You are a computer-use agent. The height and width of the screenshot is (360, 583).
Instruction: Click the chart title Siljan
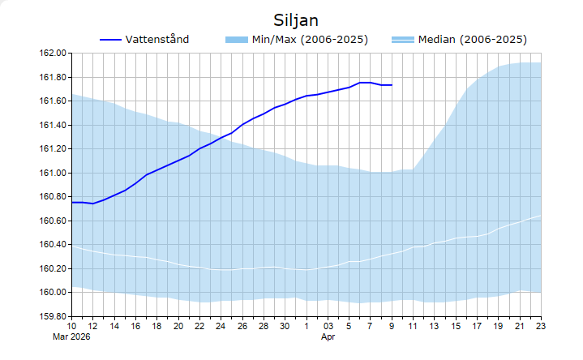pyautogui.click(x=295, y=19)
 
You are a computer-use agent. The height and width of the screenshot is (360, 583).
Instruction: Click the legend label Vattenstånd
pyautogui.click(x=157, y=39)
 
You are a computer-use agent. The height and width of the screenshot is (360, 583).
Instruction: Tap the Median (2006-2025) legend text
pyautogui.click(x=472, y=39)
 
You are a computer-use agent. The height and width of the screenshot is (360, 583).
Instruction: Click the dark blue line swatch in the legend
pyautogui.click(x=110, y=40)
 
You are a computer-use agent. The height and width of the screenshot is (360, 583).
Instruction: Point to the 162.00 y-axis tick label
pyautogui.click(x=52, y=54)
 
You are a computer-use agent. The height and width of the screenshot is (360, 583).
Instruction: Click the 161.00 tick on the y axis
pyautogui.click(x=52, y=173)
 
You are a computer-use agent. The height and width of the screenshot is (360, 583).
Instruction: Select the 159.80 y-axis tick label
pyautogui.click(x=52, y=316)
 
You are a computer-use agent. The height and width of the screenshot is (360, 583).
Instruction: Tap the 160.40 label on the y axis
pyautogui.click(x=52, y=244)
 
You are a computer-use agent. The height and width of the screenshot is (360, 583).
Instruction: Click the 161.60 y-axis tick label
pyautogui.click(x=52, y=101)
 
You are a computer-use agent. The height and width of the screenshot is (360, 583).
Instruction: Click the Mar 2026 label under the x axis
pyautogui.click(x=73, y=336)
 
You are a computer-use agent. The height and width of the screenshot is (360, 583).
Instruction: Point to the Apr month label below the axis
pyautogui.click(x=328, y=336)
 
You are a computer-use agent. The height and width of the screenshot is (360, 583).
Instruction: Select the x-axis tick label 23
pyautogui.click(x=541, y=326)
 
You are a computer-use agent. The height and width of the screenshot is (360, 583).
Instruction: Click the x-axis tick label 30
pyautogui.click(x=285, y=326)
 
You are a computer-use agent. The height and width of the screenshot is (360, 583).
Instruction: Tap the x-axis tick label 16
pyautogui.click(x=136, y=326)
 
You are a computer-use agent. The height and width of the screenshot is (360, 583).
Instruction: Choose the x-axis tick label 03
pyautogui.click(x=328, y=326)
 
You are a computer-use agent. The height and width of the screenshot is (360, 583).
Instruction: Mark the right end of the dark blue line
pyautogui.click(x=392, y=85)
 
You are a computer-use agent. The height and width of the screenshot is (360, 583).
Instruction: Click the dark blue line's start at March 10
pyautogui.click(x=73, y=202)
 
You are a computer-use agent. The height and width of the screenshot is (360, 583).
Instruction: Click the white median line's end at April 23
pyautogui.click(x=541, y=216)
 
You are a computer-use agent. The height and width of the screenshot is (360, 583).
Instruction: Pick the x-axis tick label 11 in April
pyautogui.click(x=414, y=326)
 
